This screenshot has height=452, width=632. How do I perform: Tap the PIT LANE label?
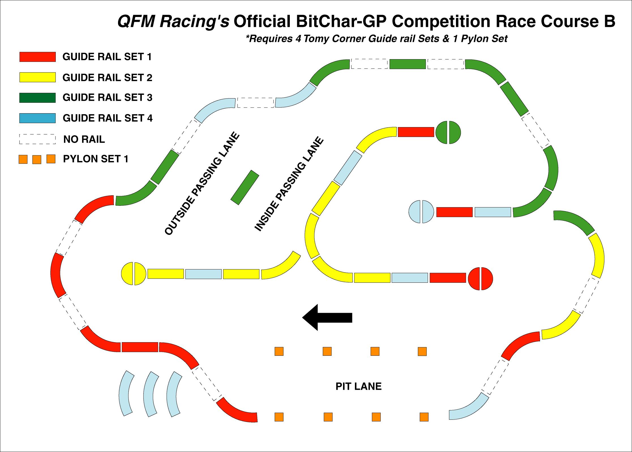pyautogui.click(x=358, y=386)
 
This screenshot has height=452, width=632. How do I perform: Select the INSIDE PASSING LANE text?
pyautogui.click(x=289, y=184)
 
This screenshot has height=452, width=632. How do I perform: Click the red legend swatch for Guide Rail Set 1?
pyautogui.click(x=37, y=57)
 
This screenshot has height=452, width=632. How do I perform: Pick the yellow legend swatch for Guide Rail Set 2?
pyautogui.click(x=37, y=77)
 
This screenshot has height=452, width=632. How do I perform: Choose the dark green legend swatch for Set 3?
pyautogui.click(x=37, y=98)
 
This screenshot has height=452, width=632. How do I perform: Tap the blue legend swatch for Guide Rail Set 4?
pyautogui.click(x=37, y=118)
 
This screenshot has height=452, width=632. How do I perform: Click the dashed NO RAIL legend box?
pyautogui.click(x=37, y=139)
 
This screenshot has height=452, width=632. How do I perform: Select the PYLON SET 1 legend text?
pyautogui.click(x=96, y=159)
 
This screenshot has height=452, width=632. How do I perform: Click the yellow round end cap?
pyautogui.click(x=134, y=274)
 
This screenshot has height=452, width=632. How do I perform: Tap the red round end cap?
pyautogui.click(x=480, y=279)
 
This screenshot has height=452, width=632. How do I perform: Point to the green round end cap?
pyautogui.click(x=448, y=132)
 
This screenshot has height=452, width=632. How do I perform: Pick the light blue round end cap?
pyautogui.click(x=421, y=212)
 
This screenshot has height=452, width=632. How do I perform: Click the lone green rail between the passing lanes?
pyautogui.click(x=245, y=187)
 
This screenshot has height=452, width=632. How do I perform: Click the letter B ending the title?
pyautogui.click(x=609, y=22)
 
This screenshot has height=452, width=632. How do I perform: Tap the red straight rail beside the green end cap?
pyautogui.click(x=416, y=132)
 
